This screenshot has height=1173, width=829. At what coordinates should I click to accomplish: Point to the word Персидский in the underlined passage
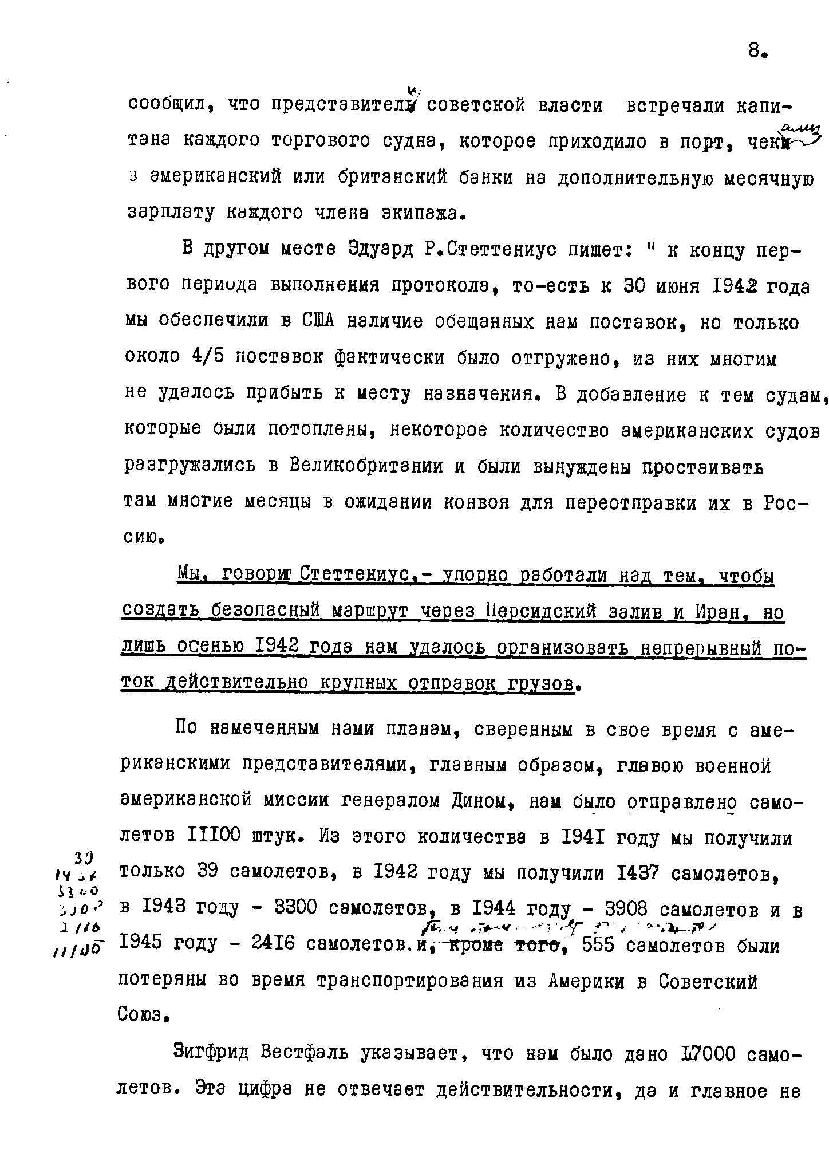pyautogui.click(x=542, y=612)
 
